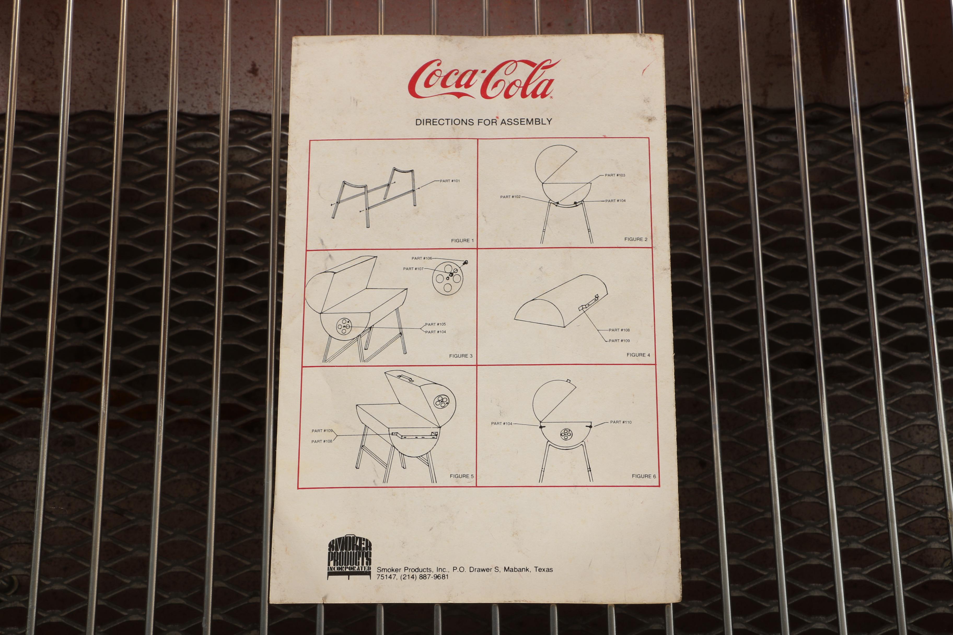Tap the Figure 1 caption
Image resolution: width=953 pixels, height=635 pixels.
(x=462, y=240)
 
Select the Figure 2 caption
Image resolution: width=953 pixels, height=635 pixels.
(x=636, y=239)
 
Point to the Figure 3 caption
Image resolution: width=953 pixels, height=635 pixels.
(x=461, y=356)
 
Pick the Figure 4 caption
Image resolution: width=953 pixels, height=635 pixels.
(x=638, y=355)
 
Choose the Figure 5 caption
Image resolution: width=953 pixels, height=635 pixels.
(x=462, y=476)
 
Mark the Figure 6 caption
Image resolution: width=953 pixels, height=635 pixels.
(x=644, y=476)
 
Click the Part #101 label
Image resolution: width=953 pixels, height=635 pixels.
(x=450, y=181)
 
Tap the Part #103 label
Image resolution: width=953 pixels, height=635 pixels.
(x=615, y=175)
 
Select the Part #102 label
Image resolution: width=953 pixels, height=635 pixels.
(x=510, y=197)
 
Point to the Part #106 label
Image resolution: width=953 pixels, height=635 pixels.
(x=422, y=258)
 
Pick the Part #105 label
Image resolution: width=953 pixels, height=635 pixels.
(x=435, y=324)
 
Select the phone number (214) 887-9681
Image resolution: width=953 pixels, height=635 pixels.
(x=424, y=577)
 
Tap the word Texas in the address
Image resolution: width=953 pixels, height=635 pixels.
(x=543, y=569)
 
